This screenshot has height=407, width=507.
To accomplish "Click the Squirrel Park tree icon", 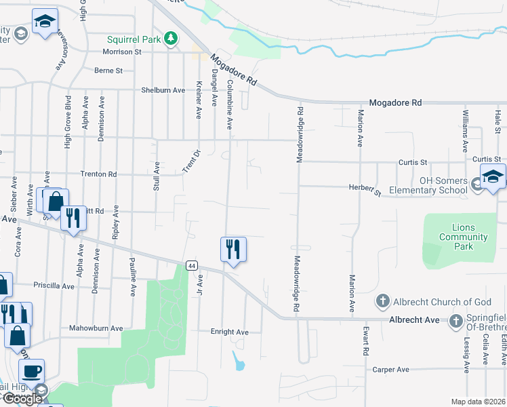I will coord(171,39).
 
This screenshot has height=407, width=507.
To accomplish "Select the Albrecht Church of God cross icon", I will coord(382,301).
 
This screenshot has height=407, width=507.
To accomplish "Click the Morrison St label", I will coord(121,52).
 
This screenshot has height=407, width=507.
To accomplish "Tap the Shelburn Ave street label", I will coord(163,90).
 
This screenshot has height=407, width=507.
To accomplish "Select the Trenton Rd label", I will coord(98,174).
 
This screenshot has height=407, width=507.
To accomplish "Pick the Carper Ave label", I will coord(390,370).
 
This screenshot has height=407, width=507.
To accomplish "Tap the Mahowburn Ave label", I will coord(96,328).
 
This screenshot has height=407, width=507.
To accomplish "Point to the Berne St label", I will coord(108,70).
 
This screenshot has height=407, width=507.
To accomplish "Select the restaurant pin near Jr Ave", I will coord(232,250).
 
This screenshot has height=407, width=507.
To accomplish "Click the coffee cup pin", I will coord(31,371).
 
